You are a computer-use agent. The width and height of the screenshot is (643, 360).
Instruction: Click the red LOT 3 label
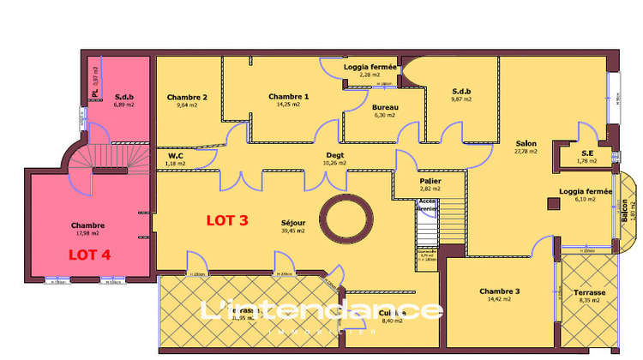227,219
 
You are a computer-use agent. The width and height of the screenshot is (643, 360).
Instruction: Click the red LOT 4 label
90,254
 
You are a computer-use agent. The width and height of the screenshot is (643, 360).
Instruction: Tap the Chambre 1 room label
288,97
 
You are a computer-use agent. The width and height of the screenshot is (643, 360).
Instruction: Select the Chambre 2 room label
187,97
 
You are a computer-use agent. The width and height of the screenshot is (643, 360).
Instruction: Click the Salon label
526,143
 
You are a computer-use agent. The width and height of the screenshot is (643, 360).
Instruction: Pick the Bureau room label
385,106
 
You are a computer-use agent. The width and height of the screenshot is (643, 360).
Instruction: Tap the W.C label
177,155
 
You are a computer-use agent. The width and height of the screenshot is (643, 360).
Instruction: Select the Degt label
334,155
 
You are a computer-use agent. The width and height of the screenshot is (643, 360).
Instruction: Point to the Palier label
430,182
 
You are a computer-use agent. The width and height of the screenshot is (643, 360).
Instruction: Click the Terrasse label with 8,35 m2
591,292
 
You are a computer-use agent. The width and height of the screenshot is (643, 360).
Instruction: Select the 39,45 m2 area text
293,231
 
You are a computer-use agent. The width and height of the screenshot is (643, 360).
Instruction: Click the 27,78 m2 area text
526,152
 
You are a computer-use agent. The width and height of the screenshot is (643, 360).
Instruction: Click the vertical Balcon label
624,211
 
